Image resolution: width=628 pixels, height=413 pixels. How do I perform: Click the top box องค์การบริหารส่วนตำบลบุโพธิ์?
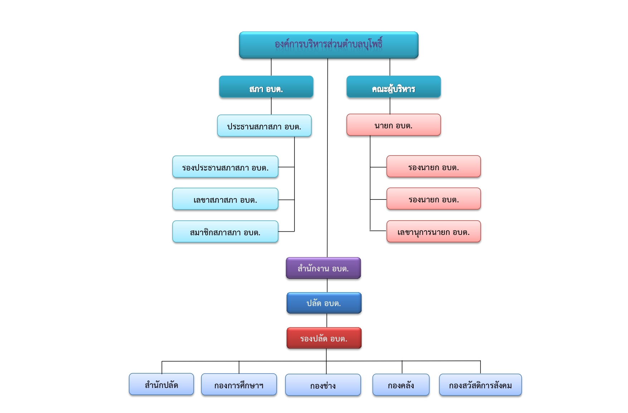328,45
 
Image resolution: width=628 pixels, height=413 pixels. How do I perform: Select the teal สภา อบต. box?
266,87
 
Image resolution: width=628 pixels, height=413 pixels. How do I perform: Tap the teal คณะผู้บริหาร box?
393,87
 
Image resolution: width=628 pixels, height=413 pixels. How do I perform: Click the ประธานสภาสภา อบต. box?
264,126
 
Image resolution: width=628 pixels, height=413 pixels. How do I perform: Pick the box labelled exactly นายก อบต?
393,125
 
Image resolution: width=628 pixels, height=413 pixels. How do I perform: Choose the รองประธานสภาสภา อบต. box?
225,167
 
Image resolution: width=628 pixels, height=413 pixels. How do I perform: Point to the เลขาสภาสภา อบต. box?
225,199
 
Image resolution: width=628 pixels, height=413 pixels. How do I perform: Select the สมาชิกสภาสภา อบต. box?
225,232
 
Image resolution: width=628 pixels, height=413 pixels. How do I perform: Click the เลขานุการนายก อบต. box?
433,232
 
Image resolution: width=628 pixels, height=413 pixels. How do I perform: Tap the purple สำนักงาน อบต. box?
323,268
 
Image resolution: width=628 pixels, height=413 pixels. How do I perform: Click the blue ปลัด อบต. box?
324,303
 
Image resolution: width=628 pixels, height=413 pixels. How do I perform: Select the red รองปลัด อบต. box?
324,338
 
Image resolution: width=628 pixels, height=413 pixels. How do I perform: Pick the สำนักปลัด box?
161,384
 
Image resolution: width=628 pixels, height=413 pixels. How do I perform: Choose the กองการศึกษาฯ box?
239,385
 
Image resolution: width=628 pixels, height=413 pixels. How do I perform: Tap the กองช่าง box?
323,385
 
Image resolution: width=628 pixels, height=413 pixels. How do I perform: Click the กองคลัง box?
401,385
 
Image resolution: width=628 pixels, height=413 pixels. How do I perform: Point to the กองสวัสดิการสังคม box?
480,385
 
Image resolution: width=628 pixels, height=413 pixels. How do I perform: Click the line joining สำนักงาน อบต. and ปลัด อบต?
327,286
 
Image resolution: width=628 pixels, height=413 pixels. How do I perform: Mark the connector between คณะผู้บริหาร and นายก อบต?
390,106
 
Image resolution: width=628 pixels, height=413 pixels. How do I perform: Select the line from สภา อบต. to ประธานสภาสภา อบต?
271,106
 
